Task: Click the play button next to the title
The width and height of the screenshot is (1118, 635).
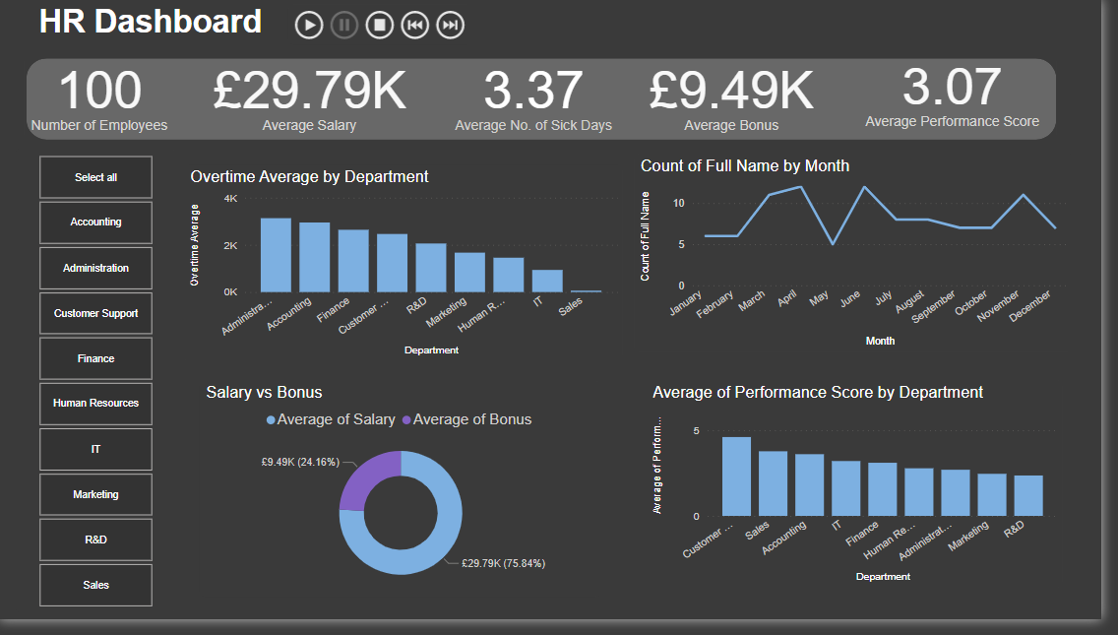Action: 309,26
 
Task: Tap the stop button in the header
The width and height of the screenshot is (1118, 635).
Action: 380,26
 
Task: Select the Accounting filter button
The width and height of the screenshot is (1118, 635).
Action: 96,222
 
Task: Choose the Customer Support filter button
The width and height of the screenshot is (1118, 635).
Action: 96,313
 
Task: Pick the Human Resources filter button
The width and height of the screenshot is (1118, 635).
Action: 96,404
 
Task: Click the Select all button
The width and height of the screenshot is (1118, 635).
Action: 96,177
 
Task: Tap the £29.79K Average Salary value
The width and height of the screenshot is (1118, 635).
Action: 309,91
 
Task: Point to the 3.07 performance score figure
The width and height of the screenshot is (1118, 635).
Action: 952,87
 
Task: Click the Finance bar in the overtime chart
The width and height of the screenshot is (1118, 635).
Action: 353,261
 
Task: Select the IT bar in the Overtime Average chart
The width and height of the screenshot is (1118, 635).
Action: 547,281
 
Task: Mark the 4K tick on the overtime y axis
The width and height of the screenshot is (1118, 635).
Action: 230,199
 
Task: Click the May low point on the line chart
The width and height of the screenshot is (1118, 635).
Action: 834,243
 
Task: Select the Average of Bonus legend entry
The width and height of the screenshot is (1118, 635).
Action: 466,419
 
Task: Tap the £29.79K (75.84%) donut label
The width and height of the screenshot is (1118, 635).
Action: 503,563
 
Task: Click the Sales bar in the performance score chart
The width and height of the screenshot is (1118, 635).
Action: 773,483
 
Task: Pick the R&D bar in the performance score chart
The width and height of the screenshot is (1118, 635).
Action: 1028,495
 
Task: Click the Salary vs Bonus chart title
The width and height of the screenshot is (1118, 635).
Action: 264,392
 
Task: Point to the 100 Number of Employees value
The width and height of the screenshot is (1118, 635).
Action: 99,91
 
